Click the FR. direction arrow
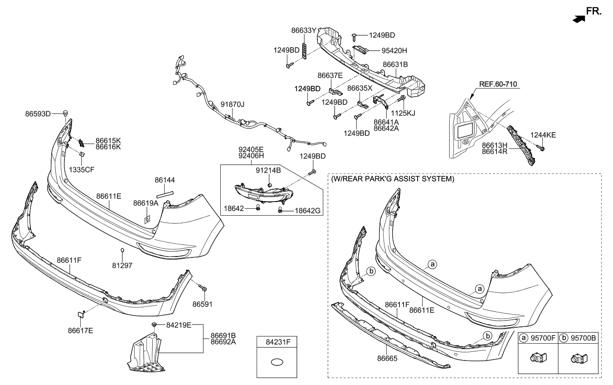[x=578, y=19]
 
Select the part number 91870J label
[x=233, y=104]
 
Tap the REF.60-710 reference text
[x=498, y=84]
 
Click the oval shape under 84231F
[x=277, y=362]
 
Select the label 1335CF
[x=82, y=169]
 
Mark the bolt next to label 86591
[x=204, y=288]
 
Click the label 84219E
[x=179, y=325]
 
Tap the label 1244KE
[x=544, y=135]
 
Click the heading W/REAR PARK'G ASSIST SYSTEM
[x=392, y=179]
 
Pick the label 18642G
[x=307, y=210]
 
